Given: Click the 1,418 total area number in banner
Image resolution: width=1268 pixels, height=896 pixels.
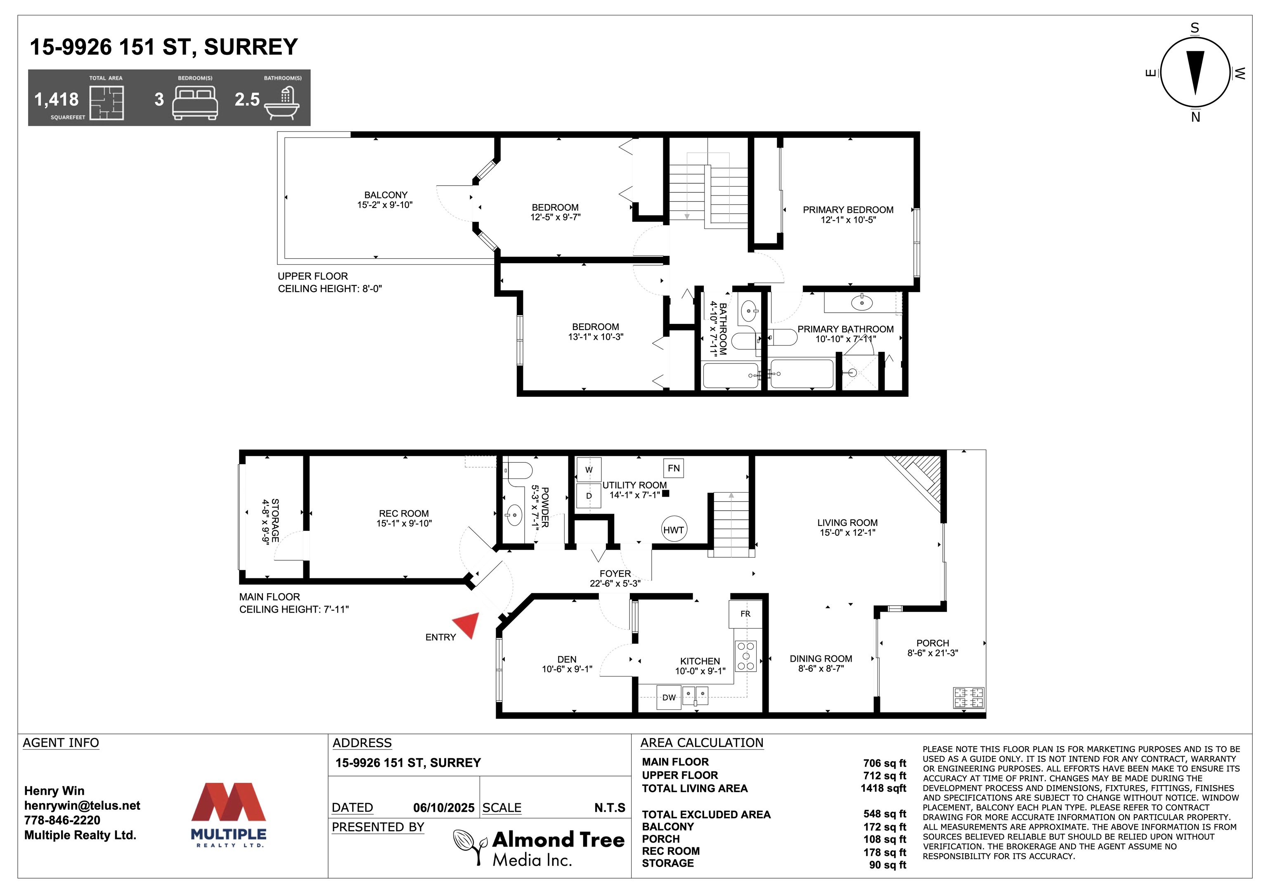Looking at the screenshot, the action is point(56,99).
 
